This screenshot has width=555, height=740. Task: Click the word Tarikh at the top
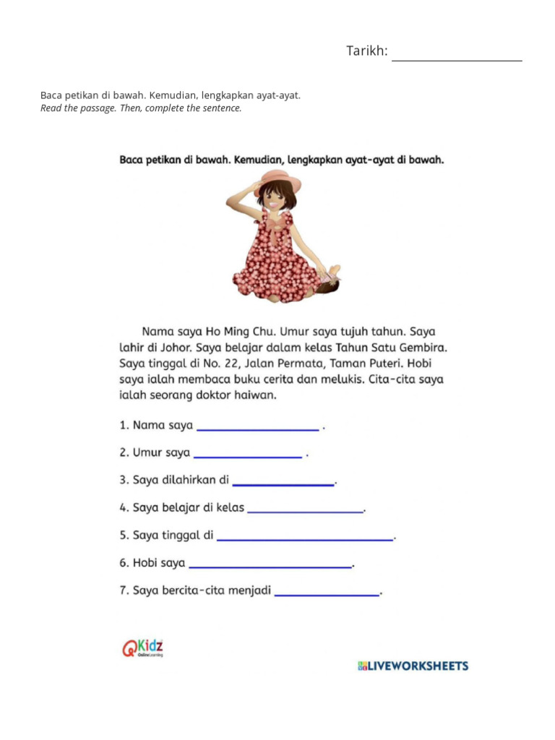(366, 51)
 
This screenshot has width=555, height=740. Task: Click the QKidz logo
(142, 647)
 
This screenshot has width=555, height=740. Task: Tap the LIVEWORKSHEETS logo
(413, 666)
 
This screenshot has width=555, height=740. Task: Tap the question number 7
(123, 591)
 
